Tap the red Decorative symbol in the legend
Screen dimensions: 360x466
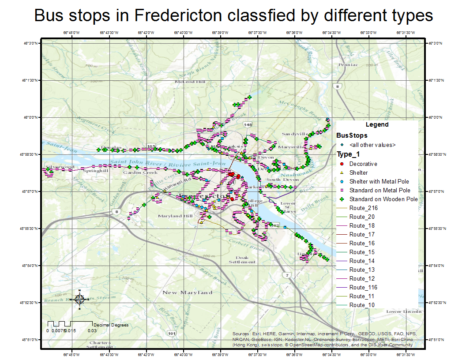(x=342, y=164)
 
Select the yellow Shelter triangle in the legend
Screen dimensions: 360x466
(x=342, y=172)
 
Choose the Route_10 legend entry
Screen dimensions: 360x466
(x=362, y=305)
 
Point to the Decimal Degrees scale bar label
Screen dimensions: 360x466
(x=111, y=325)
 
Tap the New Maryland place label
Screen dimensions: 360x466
(x=187, y=292)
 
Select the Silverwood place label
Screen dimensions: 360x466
(x=59, y=167)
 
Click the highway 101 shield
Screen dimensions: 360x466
(x=171, y=333)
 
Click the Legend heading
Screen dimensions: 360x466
(x=377, y=124)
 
